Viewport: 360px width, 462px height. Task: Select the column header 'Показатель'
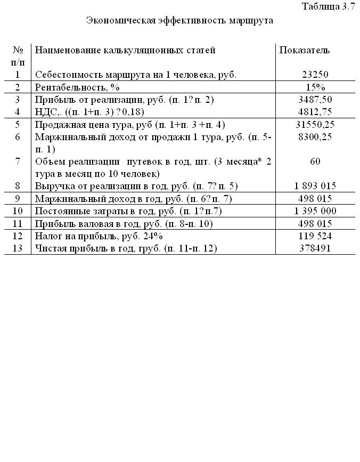click(x=305, y=50)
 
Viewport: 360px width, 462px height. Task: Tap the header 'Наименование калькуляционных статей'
click(x=125, y=50)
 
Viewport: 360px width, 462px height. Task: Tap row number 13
click(x=18, y=248)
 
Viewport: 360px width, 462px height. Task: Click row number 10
click(x=18, y=211)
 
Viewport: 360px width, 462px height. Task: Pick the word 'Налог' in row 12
click(x=47, y=236)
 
